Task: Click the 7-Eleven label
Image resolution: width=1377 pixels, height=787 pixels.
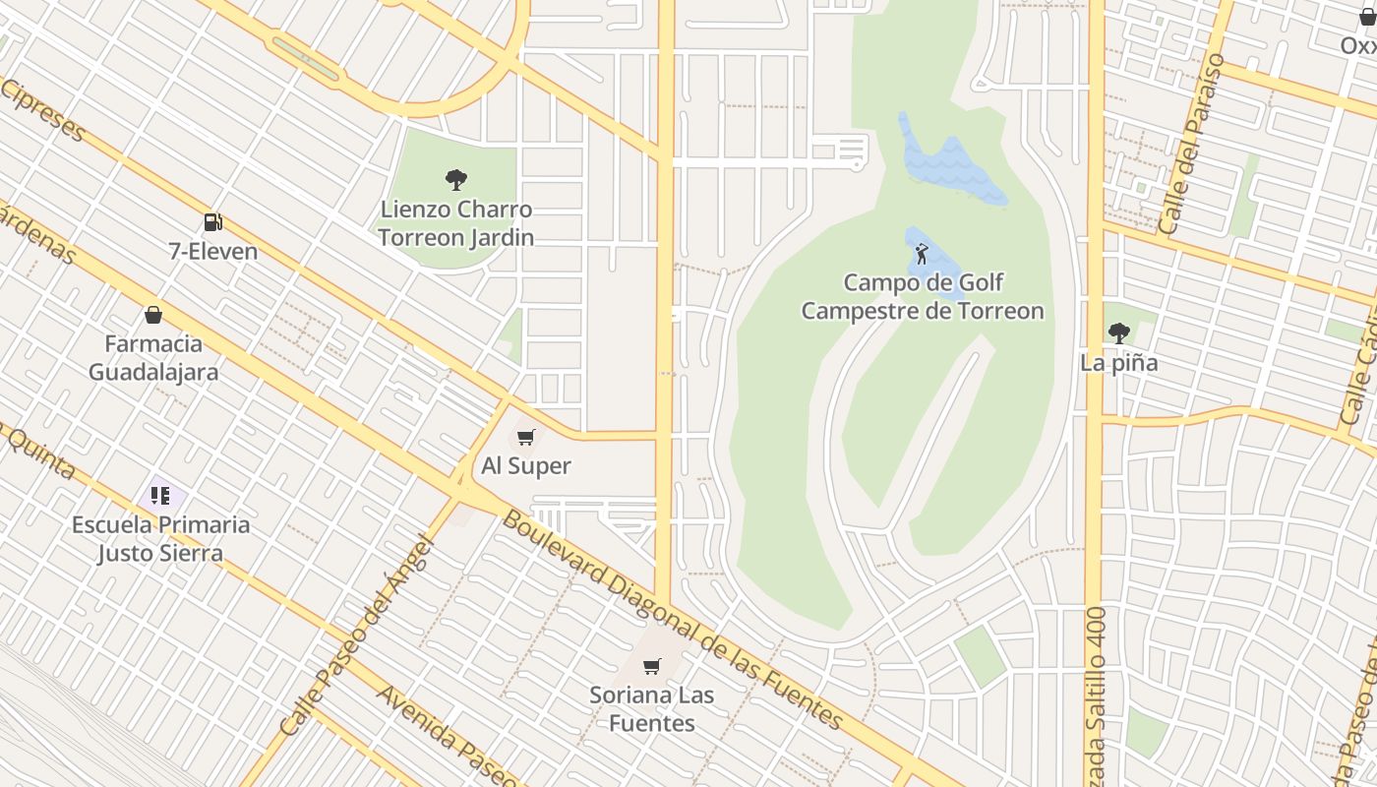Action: coord(212,251)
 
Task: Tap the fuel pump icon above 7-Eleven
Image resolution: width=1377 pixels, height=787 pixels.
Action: coord(212,222)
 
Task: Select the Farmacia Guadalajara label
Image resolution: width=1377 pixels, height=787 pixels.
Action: coord(153,358)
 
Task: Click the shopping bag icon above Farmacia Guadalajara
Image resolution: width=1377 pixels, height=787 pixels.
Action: coord(153,315)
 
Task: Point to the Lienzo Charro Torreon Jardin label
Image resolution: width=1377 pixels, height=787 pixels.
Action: coord(456,223)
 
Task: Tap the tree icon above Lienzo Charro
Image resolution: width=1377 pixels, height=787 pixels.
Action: coord(456,180)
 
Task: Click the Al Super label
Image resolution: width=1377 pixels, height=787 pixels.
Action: coord(526,465)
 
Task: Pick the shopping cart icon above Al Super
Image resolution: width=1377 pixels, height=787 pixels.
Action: coord(526,437)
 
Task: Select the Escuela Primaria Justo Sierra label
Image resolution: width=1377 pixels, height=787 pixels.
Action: coord(160,538)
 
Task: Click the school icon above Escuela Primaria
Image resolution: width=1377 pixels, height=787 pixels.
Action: coord(160,495)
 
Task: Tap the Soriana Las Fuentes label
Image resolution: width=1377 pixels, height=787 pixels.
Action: coord(652,708)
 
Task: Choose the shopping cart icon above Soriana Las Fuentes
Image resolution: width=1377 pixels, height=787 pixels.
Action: coord(651,667)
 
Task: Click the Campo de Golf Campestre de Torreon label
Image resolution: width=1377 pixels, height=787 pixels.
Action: coord(923,297)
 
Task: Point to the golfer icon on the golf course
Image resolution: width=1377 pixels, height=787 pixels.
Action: coord(922,254)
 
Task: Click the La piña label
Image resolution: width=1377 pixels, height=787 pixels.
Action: coord(1118,363)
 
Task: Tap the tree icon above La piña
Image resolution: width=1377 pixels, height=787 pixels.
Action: coord(1118,333)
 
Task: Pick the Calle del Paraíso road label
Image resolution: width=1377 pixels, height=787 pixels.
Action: coord(1191,144)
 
